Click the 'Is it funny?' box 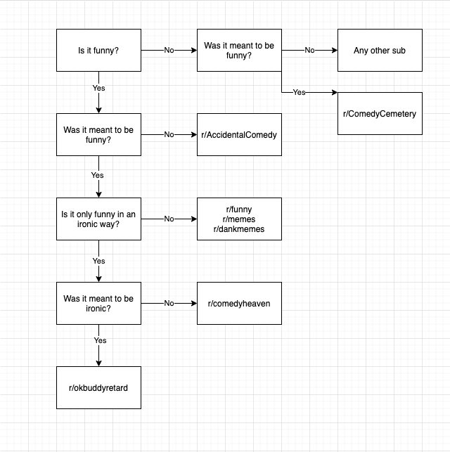click(x=98, y=51)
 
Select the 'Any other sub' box click(x=380, y=51)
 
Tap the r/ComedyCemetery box click(x=380, y=113)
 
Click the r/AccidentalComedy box click(x=239, y=134)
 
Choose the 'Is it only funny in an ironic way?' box click(x=98, y=219)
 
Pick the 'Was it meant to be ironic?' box click(x=98, y=303)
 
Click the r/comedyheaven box click(x=239, y=303)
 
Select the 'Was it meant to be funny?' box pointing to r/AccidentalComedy click(x=98, y=134)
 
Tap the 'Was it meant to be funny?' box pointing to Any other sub click(x=239, y=51)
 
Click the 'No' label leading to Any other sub click(x=309, y=51)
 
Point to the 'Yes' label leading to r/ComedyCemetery click(x=299, y=92)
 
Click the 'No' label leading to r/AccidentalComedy click(x=169, y=134)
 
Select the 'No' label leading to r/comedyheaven click(x=169, y=303)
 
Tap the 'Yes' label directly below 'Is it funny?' click(x=98, y=88)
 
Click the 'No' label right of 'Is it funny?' click(x=169, y=51)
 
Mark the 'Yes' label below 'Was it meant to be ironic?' click(x=100, y=340)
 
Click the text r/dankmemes click(x=239, y=228)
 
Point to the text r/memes click(x=239, y=219)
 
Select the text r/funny click(x=239, y=209)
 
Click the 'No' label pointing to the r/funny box click(x=169, y=219)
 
